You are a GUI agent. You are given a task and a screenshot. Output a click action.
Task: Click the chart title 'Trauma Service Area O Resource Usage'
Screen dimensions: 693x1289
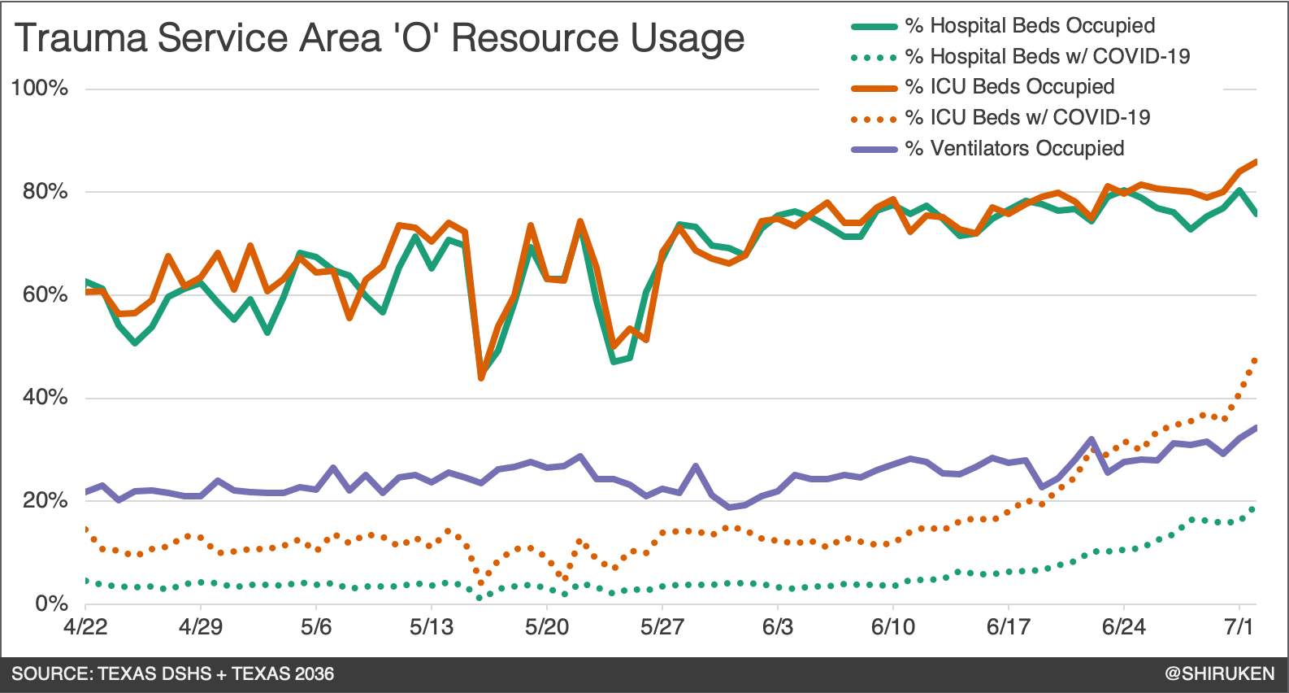coord(380,38)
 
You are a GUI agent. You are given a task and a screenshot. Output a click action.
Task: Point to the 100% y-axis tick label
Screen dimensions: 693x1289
coord(39,89)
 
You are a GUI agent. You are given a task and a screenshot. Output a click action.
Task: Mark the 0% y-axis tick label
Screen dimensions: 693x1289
coord(51,604)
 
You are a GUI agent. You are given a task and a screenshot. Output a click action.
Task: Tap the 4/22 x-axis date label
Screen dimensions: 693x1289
coord(85,627)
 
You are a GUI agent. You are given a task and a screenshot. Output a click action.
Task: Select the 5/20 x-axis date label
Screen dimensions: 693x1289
coord(547,627)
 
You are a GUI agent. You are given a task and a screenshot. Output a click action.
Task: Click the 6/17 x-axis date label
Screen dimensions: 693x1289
coord(1009,627)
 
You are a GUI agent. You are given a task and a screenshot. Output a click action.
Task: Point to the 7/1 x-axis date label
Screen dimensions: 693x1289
coord(1239,627)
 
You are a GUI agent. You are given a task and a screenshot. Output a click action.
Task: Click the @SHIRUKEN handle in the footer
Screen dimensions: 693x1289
coord(1219,673)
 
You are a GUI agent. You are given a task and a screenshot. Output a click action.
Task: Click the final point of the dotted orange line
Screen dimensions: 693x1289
coord(1255,360)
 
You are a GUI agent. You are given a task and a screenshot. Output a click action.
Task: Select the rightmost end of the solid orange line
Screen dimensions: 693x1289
coord(1256,162)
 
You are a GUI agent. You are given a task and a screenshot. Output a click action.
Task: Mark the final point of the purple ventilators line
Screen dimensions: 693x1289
coord(1256,428)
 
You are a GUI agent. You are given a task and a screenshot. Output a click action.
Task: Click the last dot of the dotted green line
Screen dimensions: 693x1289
coord(1252,510)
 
